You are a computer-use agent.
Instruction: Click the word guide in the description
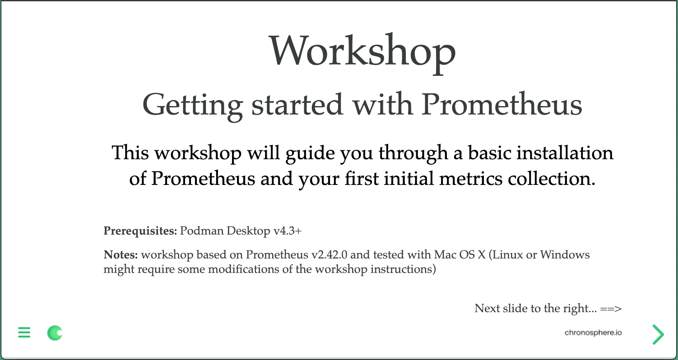coord(309,154)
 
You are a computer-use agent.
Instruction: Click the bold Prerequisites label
coord(140,231)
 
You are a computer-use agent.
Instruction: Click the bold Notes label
coord(121,255)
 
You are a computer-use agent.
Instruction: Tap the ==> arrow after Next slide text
coord(611,309)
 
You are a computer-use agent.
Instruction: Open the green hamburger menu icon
coord(24,333)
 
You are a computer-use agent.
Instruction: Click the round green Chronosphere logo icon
coord(55,333)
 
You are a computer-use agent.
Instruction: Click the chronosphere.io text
coord(593,333)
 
